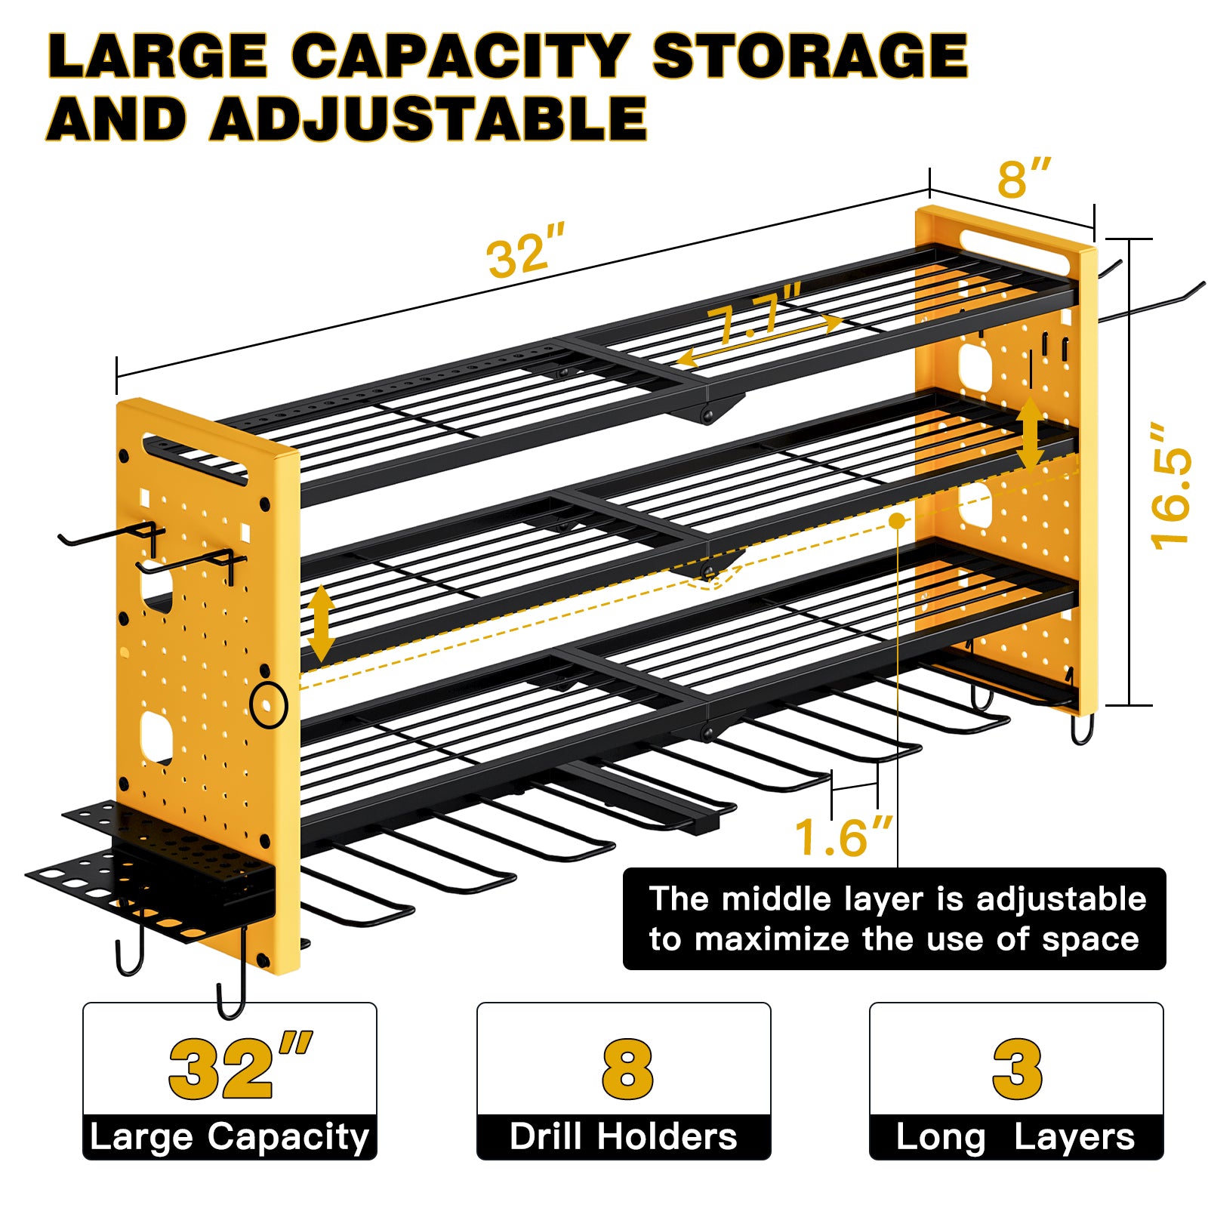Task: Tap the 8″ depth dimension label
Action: (x=1023, y=179)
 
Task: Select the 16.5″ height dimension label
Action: (x=1170, y=487)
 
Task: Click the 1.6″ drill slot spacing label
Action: (x=843, y=837)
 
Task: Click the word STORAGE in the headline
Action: (x=809, y=57)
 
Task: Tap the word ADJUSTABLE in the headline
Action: (x=429, y=119)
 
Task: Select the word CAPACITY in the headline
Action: (x=460, y=57)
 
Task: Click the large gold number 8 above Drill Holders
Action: (x=627, y=1068)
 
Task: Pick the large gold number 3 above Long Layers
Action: (x=1017, y=1068)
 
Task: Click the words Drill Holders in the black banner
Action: (x=624, y=1136)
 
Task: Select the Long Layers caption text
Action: (x=1015, y=1136)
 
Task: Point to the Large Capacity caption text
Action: (x=230, y=1136)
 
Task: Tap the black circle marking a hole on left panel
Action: (x=268, y=705)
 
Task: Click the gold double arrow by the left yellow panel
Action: (x=322, y=624)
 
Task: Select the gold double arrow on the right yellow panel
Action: (x=1030, y=433)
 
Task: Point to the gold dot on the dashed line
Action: (x=897, y=521)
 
